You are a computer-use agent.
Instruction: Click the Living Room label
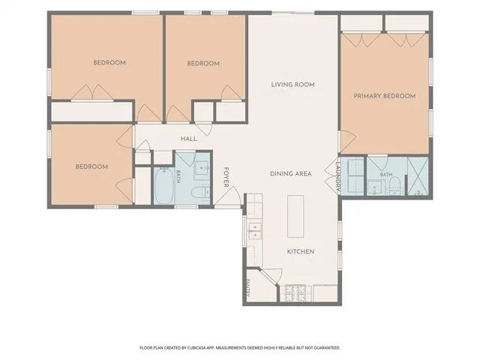tap(292, 85)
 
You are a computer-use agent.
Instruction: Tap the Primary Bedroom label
tap(385, 96)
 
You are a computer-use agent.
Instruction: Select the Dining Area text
tap(290, 174)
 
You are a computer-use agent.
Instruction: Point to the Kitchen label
tap(301, 252)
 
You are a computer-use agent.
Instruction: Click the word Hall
tap(189, 139)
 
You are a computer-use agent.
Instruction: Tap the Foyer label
tap(226, 177)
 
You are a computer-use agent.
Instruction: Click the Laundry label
tap(338, 175)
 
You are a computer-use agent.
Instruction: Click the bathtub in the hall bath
tap(163, 185)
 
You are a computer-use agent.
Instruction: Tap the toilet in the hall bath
tap(200, 192)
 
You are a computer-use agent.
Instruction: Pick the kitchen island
tap(295, 217)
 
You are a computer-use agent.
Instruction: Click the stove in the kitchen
tap(295, 292)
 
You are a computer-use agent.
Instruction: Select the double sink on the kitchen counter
tap(255, 230)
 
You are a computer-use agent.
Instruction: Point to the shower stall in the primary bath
tap(418, 176)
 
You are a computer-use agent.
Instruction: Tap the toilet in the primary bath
tap(394, 185)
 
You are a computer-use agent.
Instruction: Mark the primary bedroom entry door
tap(347, 141)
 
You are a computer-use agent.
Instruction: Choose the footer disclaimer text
tap(240, 348)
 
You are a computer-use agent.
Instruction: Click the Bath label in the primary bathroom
tap(386, 175)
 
